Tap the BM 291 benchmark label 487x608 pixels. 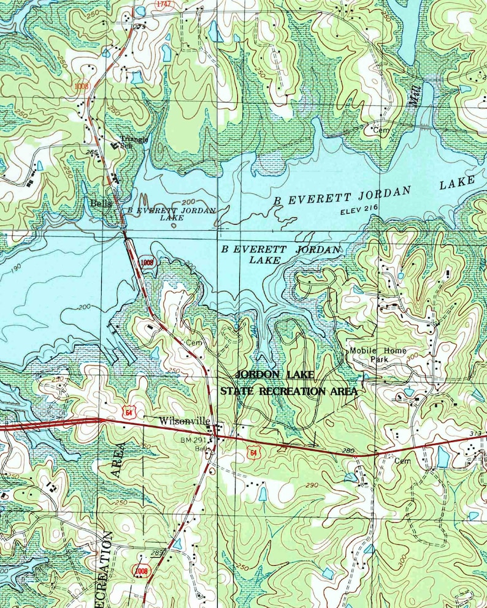coord(191,440)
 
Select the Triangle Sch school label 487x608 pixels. coord(134,141)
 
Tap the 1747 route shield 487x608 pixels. coord(163,4)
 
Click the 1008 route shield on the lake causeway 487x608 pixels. coord(147,262)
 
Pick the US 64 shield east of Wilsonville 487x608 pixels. coord(253,452)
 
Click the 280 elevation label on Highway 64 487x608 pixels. coord(348,451)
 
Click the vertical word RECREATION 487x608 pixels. coord(106,569)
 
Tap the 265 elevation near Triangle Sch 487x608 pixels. coord(93,152)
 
